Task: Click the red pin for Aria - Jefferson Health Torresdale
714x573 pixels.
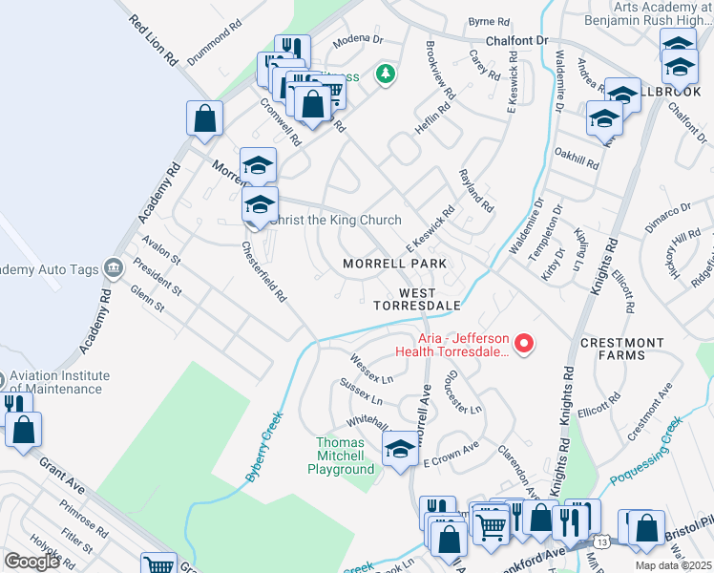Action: pyautogui.click(x=523, y=343)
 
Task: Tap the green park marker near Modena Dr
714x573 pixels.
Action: pyautogui.click(x=385, y=74)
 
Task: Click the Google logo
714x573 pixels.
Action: pyautogui.click(x=31, y=562)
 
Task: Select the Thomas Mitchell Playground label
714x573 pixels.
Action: pyautogui.click(x=345, y=456)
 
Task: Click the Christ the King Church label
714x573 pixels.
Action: pyautogui.click(x=335, y=221)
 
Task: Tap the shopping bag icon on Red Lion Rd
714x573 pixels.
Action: pyautogui.click(x=205, y=119)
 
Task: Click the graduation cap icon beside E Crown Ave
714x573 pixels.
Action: pyautogui.click(x=400, y=449)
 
